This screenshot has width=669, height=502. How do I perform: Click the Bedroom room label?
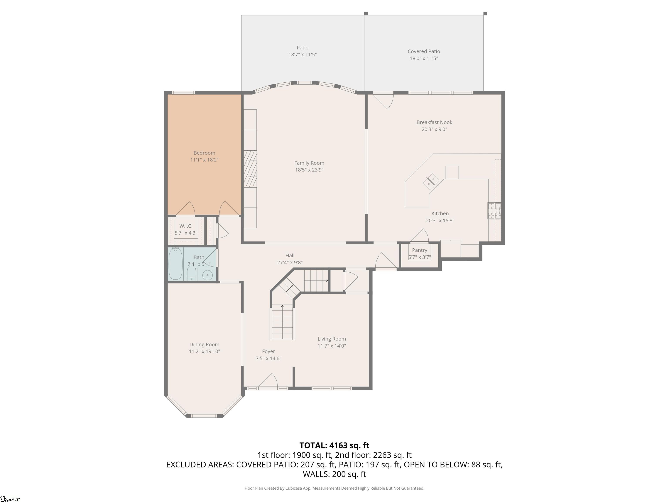(x=204, y=153)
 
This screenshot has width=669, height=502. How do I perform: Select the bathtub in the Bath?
(x=175, y=264)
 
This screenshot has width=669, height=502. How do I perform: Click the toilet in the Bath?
(x=191, y=273)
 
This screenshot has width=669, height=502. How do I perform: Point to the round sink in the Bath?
(x=207, y=275)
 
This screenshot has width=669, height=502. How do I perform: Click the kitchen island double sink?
(x=431, y=181)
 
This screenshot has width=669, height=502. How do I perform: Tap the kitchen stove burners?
(x=494, y=211)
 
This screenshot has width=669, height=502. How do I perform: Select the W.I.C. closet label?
(x=186, y=226)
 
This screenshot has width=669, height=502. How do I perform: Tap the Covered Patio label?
(x=424, y=51)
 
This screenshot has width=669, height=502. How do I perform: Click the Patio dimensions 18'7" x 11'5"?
(x=302, y=54)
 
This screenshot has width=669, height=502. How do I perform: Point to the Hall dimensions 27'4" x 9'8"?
(x=290, y=262)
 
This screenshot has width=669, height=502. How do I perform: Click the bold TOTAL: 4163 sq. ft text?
(x=334, y=445)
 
